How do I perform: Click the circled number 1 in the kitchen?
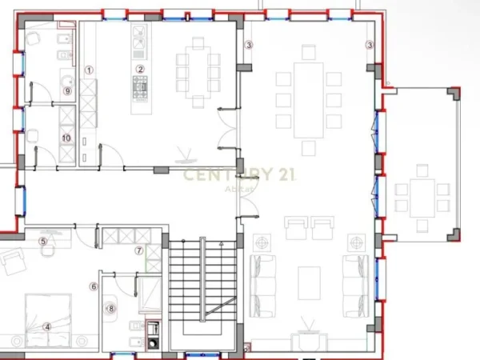(x=90, y=70)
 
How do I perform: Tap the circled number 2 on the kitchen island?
(x=140, y=69)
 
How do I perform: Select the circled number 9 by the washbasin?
(x=68, y=91)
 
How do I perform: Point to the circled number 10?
(x=66, y=138)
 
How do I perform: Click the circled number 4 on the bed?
(x=46, y=326)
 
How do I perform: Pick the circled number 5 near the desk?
(x=43, y=240)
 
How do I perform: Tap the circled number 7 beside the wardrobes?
(x=138, y=250)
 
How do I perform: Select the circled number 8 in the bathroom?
(x=111, y=307)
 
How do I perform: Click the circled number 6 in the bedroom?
(x=94, y=286)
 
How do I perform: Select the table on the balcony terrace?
(x=422, y=196)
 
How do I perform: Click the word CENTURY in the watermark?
(x=216, y=175)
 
